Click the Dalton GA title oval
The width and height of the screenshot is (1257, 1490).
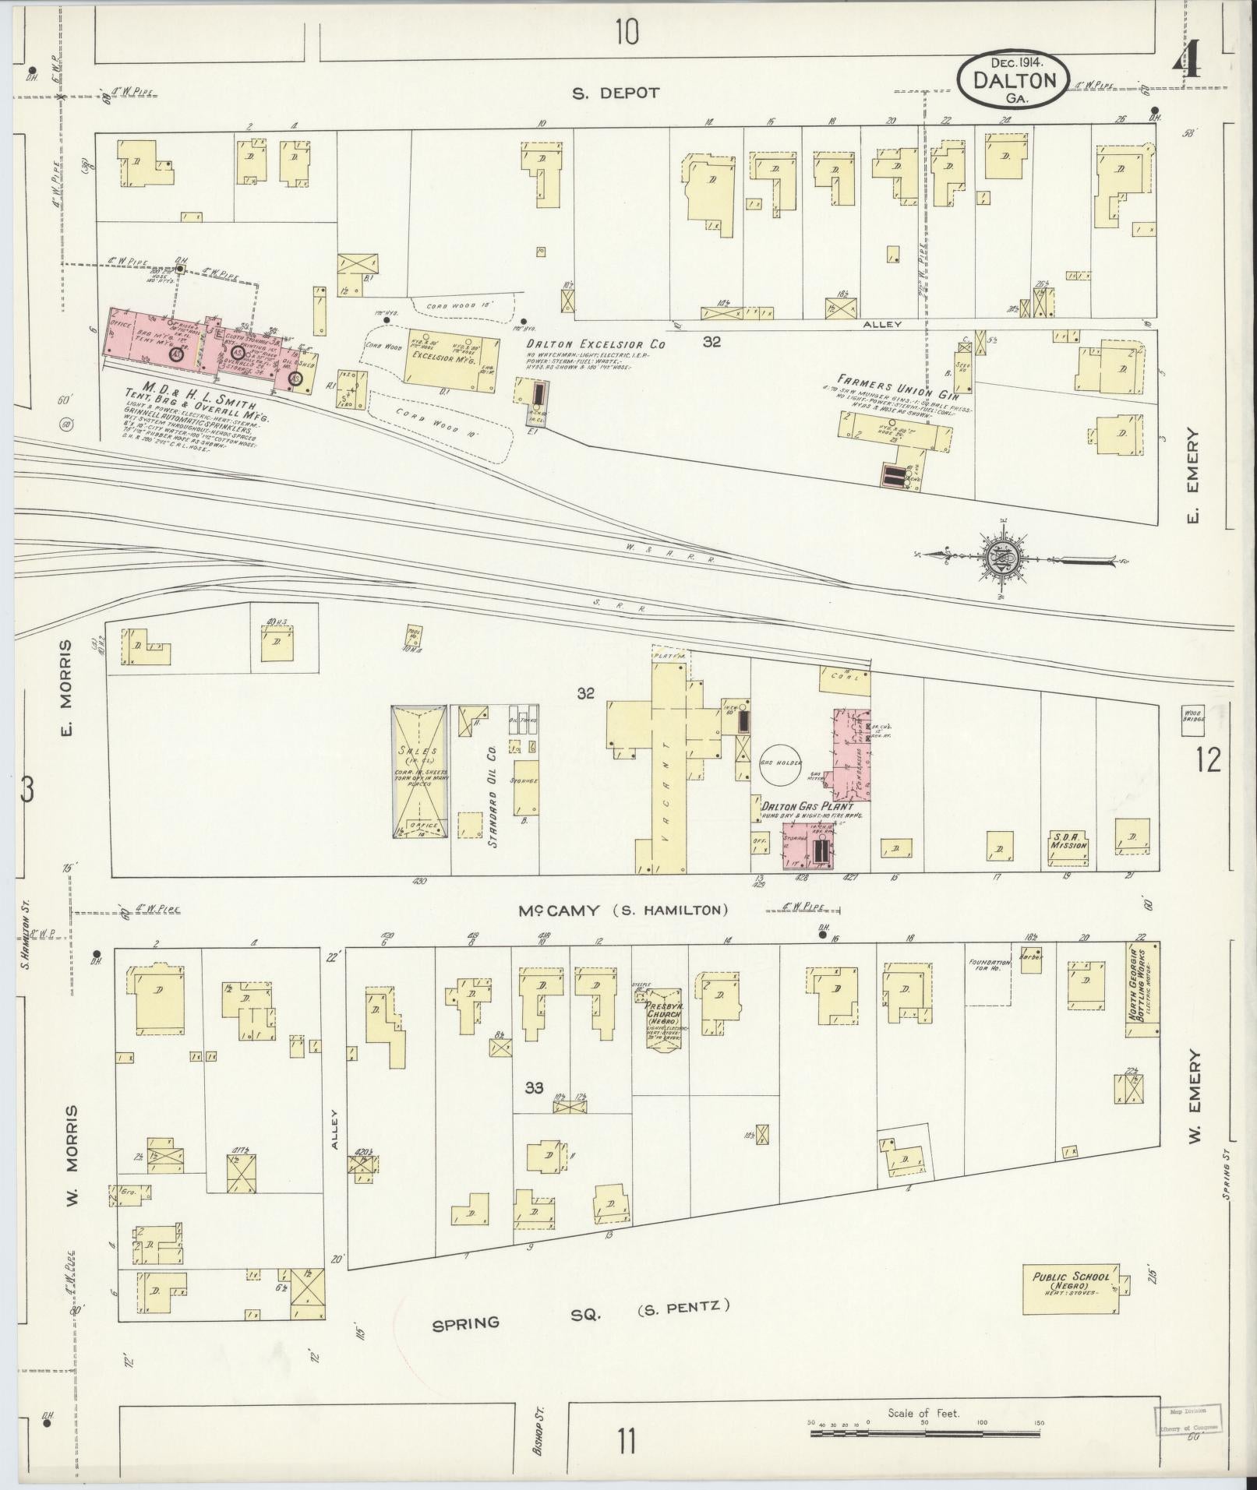click(1014, 79)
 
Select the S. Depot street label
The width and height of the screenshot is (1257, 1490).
click(616, 93)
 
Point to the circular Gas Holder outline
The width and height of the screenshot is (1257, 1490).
click(786, 763)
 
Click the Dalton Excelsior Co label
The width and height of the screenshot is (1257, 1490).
click(595, 344)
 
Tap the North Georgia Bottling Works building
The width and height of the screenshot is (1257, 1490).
click(1142, 990)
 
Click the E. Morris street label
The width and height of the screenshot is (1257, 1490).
click(65, 687)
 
